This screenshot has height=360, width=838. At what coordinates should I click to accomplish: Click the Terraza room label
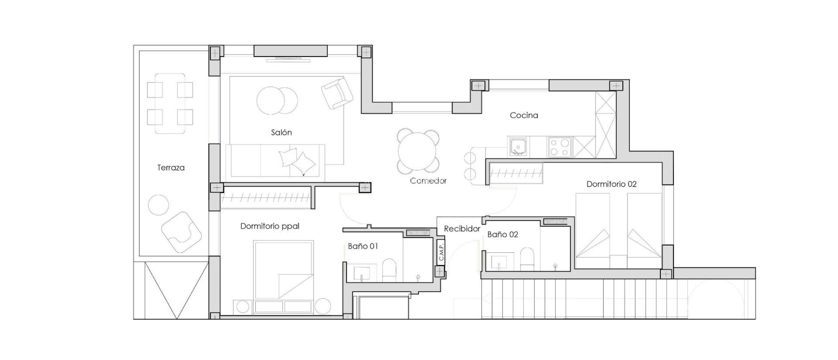pyautogui.click(x=171, y=168)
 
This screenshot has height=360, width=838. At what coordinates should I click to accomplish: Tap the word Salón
pyautogui.click(x=281, y=133)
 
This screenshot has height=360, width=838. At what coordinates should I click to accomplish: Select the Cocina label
pyautogui.click(x=524, y=115)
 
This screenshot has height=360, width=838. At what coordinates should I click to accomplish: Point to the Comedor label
pyautogui.click(x=428, y=180)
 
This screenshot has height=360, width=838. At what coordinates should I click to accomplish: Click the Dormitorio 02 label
pyautogui.click(x=611, y=184)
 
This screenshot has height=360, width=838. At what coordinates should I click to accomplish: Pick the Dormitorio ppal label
pyautogui.click(x=270, y=226)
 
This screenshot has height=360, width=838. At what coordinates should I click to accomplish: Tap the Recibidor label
pyautogui.click(x=462, y=229)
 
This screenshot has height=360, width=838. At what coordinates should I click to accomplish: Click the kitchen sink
pyautogui.click(x=518, y=146)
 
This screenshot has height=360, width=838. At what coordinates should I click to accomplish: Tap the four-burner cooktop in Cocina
pyautogui.click(x=560, y=147)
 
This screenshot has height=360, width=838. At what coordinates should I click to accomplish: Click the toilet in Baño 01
pyautogui.click(x=389, y=270)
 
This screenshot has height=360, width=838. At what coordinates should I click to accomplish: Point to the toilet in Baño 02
pyautogui.click(x=527, y=259)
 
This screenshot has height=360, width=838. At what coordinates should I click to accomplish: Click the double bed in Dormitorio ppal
pyautogui.click(x=283, y=270)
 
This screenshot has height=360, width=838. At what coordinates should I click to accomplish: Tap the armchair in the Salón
pyautogui.click(x=337, y=93)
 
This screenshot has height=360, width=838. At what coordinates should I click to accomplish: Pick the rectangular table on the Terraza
pyautogui.click(x=170, y=103)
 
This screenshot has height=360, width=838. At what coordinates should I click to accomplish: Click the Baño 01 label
pyautogui.click(x=363, y=246)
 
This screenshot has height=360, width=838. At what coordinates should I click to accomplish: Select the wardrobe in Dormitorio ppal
pyautogui.click(x=266, y=198)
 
